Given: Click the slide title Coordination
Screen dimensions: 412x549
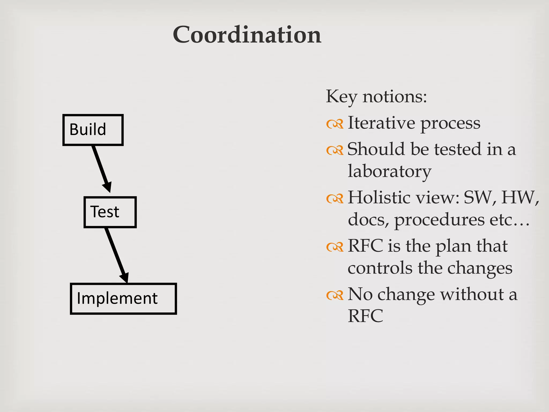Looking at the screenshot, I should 247,35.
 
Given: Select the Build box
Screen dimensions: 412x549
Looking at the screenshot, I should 93,130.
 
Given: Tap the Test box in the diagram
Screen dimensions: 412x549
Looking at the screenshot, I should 110,212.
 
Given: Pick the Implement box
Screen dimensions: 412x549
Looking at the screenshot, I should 123,299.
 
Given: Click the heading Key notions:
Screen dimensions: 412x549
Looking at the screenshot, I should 376,96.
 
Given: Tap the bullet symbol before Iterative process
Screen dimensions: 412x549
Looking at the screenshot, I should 335,124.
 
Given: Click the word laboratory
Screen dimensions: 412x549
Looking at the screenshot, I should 390,171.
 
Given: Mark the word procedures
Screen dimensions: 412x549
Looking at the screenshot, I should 439,220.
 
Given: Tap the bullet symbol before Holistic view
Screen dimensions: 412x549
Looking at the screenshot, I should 335,199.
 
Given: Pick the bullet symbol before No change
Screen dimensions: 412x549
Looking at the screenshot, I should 335,295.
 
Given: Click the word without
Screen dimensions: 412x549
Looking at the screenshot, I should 473,294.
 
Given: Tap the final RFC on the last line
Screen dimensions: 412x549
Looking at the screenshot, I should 365,316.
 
